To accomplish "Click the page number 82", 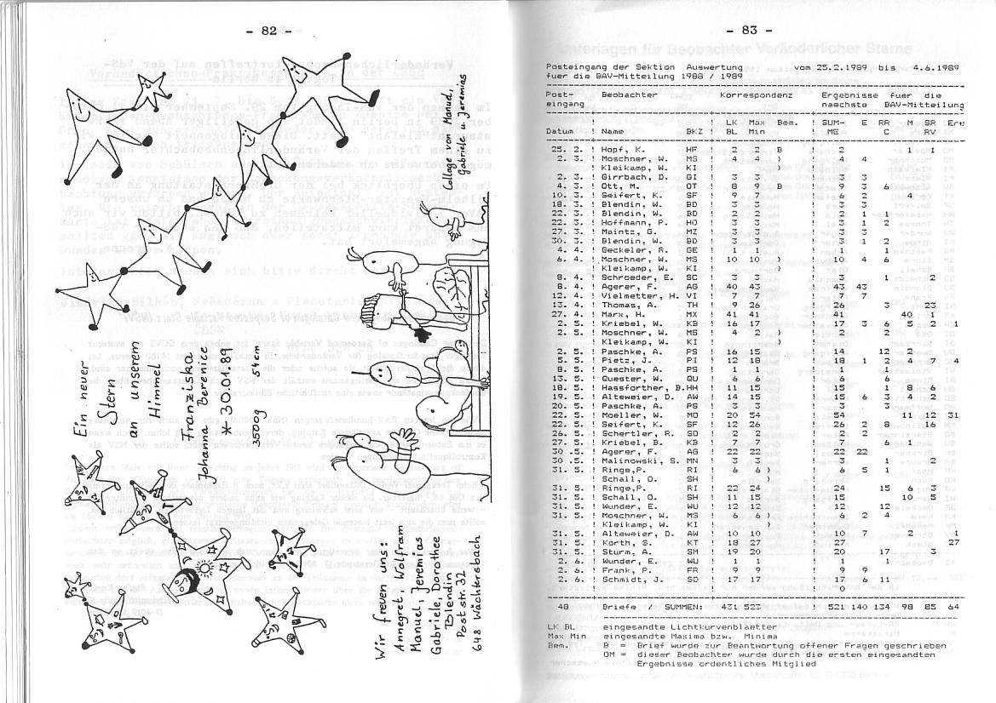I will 268,31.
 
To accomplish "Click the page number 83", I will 749,31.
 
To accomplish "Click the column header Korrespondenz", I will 756,95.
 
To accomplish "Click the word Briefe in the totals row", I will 619,606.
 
